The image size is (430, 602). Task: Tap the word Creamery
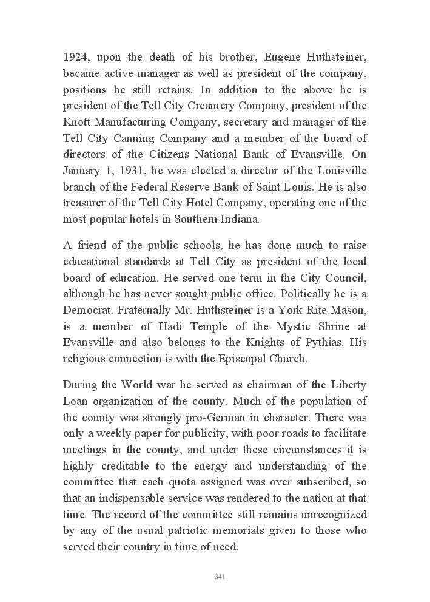tap(197, 106)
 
